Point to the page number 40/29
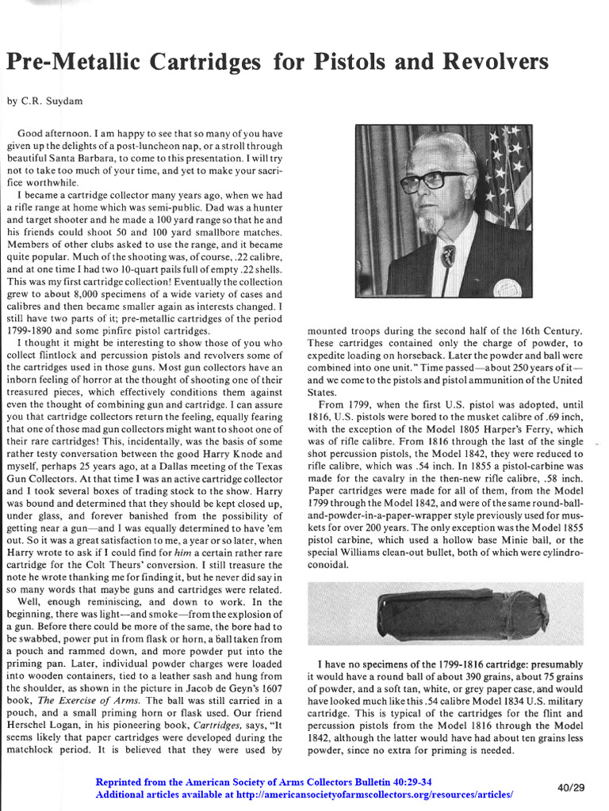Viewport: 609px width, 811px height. click(x=570, y=787)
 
